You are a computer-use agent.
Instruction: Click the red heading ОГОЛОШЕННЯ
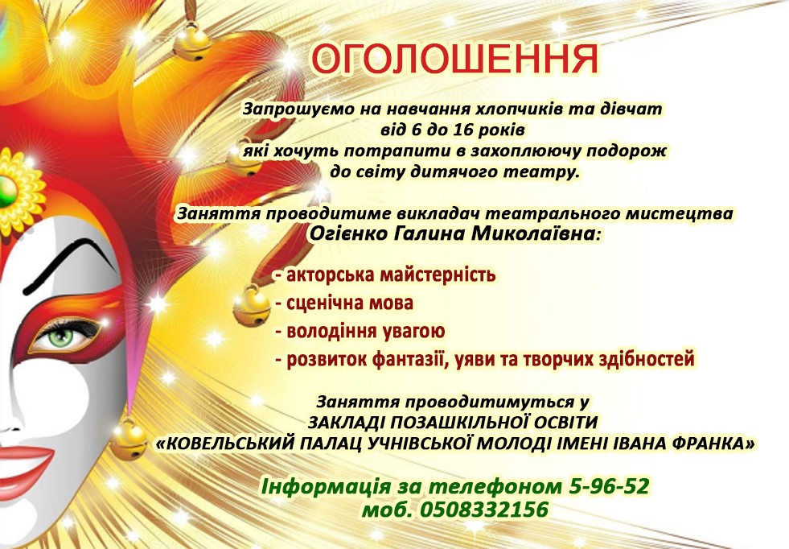tap(454, 60)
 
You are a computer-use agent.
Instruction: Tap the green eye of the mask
tap(61, 336)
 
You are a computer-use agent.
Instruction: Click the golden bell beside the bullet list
tap(251, 305)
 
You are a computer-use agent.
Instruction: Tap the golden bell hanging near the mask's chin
tap(129, 440)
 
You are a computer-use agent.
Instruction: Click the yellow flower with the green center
tap(16, 192)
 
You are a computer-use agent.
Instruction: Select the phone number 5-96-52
tap(609, 486)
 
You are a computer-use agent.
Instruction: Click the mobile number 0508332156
tap(483, 510)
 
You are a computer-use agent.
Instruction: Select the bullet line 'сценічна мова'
tap(344, 303)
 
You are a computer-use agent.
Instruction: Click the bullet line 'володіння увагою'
tap(360, 332)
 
